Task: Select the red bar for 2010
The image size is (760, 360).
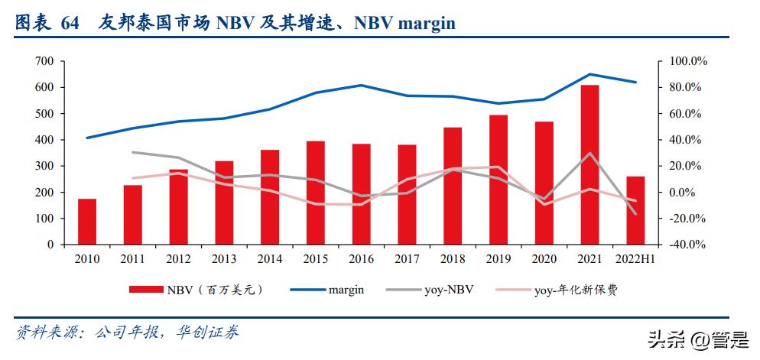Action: [87, 222]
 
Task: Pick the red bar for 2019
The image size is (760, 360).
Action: [498, 180]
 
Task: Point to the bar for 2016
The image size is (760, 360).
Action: [361, 194]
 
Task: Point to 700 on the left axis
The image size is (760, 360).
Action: [44, 61]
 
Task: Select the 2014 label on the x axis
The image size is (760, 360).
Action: [270, 260]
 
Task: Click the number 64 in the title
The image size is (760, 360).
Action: [70, 24]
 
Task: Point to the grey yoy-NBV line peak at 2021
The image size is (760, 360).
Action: [589, 153]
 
